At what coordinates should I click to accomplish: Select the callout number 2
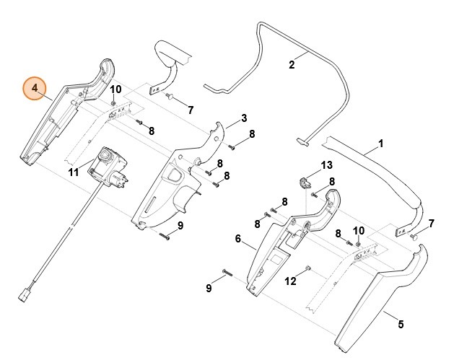(x=292, y=65)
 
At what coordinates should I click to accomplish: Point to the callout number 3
(x=244, y=118)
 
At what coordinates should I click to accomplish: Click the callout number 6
(x=237, y=238)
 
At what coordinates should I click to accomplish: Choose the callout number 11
(x=73, y=172)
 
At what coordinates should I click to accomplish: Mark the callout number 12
(x=290, y=281)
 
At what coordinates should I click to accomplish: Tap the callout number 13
(x=326, y=165)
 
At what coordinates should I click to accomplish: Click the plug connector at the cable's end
(x=24, y=294)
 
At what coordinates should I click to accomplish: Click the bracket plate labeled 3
(x=173, y=184)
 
